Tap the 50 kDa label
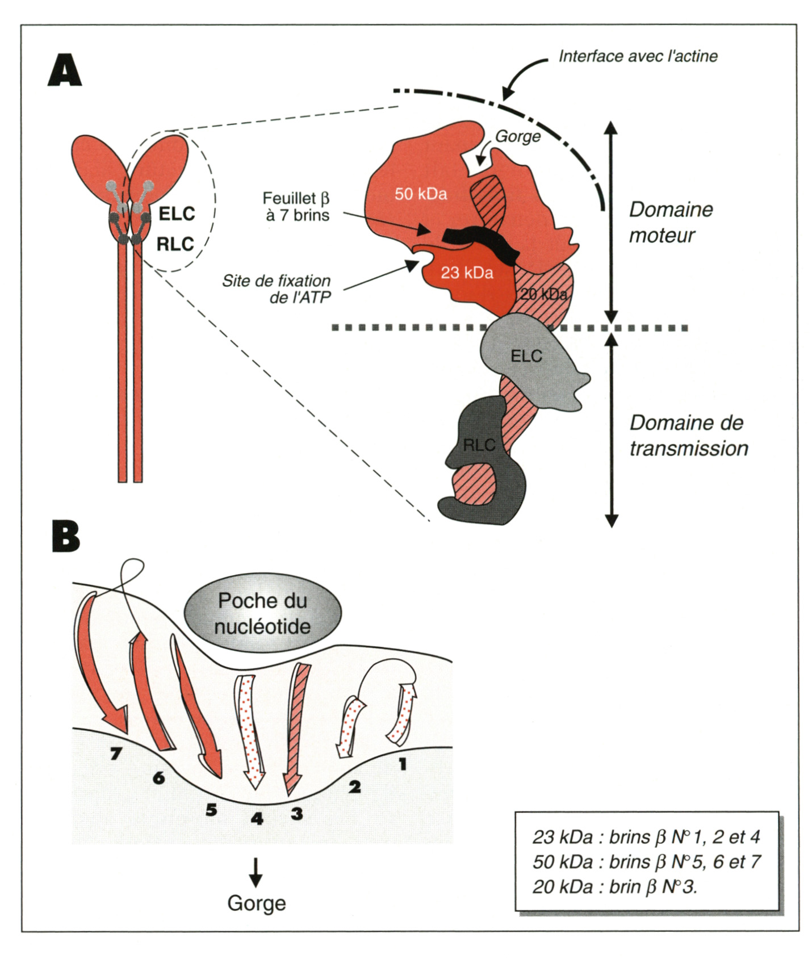(x=421, y=194)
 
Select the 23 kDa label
(x=467, y=273)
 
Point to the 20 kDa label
(x=543, y=294)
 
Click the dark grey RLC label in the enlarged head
(x=479, y=445)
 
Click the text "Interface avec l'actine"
(x=638, y=56)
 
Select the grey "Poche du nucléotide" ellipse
(x=263, y=613)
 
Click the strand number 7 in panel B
(x=116, y=753)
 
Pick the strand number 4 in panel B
(x=257, y=818)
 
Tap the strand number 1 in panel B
(x=403, y=764)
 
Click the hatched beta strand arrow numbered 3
(x=298, y=727)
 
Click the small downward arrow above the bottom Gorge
(x=256, y=872)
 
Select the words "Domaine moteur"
(x=670, y=222)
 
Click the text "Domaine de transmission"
(x=688, y=436)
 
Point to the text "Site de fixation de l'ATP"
(x=277, y=289)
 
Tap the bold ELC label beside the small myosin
(x=177, y=214)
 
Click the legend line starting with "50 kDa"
(x=646, y=861)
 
